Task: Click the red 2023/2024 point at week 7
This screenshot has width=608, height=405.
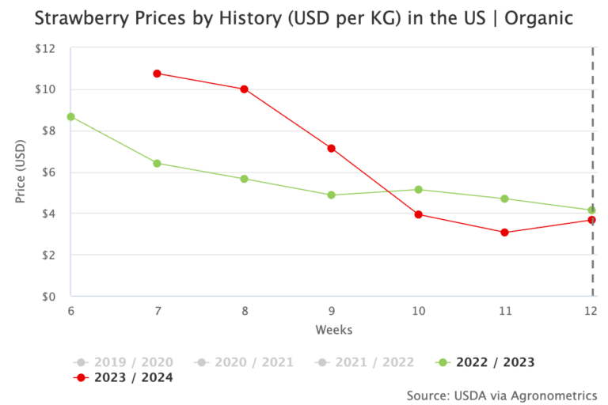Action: coord(157,74)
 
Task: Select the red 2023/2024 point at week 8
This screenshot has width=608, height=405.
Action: coord(244,89)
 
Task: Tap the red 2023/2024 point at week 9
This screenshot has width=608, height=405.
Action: coord(331,148)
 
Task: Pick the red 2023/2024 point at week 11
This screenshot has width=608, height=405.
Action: coord(504,233)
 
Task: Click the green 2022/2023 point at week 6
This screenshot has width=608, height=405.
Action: coord(70,116)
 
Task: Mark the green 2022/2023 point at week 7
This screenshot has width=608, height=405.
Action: coord(157,163)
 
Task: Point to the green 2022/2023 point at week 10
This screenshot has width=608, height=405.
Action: coord(418,189)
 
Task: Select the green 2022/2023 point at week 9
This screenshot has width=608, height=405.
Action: coord(331,195)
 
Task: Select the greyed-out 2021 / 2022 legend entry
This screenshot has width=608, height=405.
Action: coord(365,362)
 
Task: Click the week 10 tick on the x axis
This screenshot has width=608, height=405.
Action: coord(418,312)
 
